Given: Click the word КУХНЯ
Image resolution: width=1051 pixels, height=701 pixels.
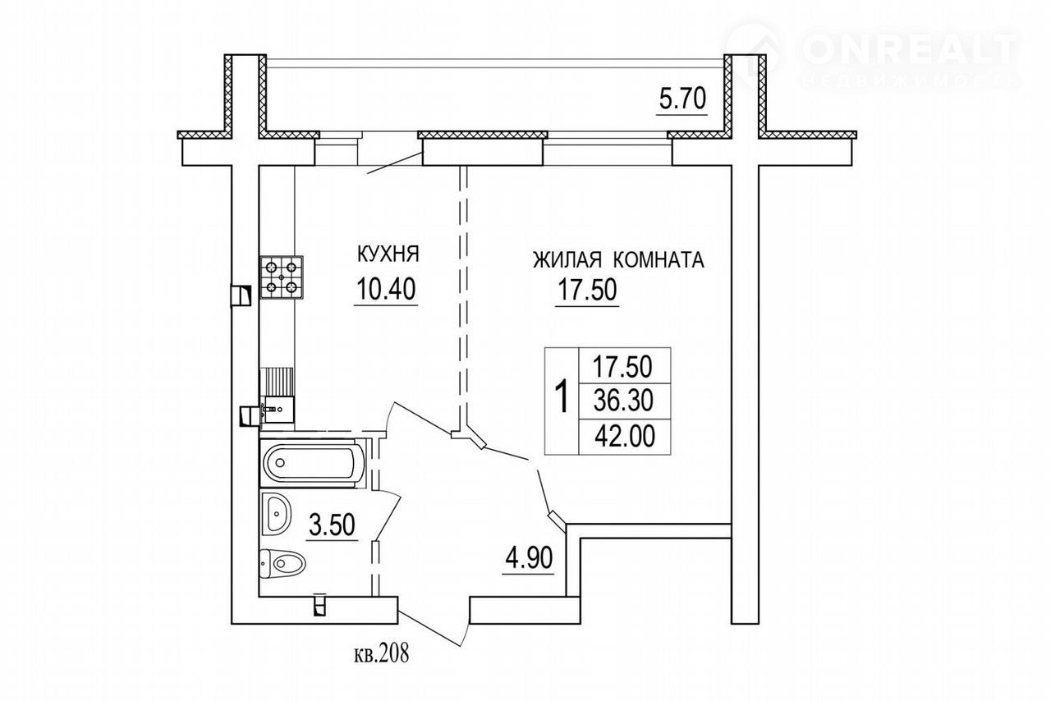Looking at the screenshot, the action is [388, 254].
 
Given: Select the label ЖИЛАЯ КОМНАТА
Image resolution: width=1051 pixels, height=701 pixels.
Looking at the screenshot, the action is [618, 259].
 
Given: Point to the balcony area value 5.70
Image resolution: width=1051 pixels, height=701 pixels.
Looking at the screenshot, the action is [682, 99].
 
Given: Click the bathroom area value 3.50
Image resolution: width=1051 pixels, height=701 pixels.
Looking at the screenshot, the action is [332, 525].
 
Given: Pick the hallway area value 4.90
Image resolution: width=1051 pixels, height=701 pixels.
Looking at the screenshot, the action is [529, 558].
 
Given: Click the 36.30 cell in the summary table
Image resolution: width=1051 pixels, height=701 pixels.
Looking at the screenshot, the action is [623, 401].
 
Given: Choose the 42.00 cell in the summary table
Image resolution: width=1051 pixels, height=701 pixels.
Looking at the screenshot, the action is [625, 438].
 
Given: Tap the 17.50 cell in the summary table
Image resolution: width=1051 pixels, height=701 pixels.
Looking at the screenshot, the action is [622, 366].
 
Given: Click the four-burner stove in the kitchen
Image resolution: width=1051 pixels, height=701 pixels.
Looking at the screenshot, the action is [281, 277].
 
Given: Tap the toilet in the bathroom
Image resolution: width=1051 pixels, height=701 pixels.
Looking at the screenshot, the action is [282, 563].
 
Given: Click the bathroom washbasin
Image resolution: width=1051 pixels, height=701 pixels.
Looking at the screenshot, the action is [276, 513].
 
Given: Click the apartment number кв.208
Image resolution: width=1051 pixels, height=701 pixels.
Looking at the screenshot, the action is [382, 654].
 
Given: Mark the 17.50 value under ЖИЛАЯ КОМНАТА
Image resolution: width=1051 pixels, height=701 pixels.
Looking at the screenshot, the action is [587, 289].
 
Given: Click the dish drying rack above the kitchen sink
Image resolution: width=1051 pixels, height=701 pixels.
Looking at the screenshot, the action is [277, 382].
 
